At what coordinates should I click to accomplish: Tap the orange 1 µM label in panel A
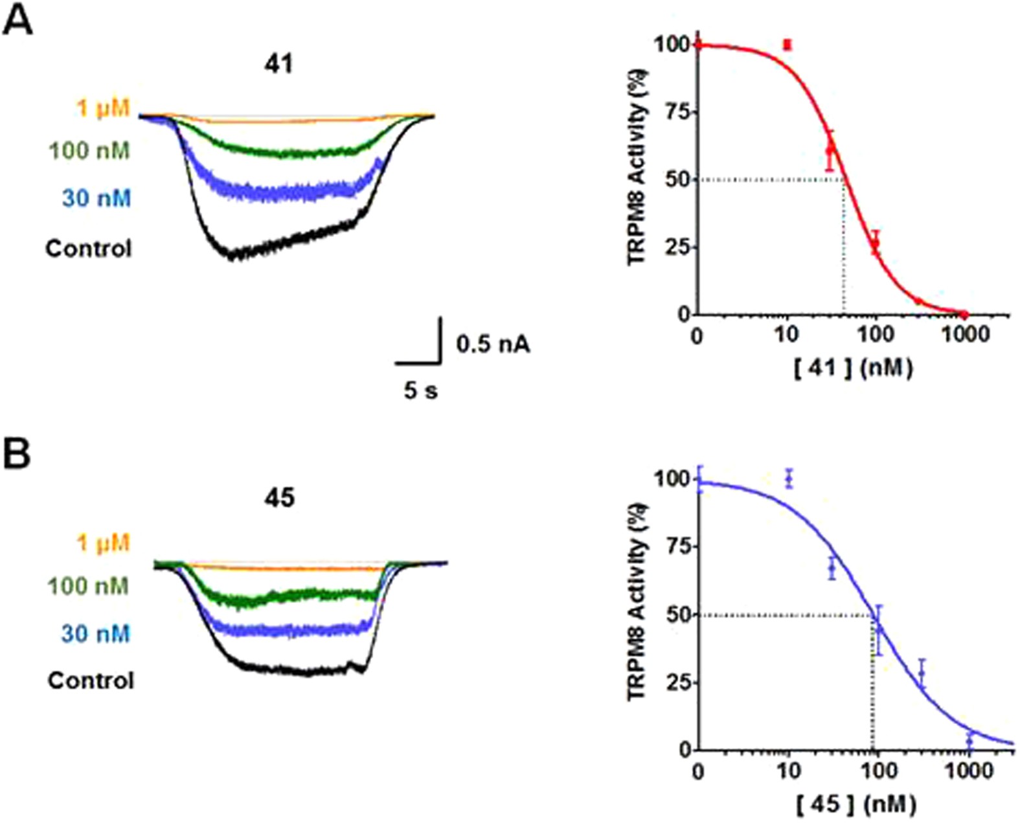[x=103, y=108]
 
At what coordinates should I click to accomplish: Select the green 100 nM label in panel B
[x=89, y=587]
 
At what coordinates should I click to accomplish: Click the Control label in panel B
[x=91, y=681]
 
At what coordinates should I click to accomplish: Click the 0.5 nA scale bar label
[x=493, y=344]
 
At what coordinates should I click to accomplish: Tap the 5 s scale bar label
[x=421, y=390]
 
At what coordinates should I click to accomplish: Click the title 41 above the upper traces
[x=279, y=65]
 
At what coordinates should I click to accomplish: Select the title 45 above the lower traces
[x=280, y=497]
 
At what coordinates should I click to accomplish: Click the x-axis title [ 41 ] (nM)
[x=853, y=368]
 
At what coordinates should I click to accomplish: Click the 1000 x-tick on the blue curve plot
[x=968, y=772]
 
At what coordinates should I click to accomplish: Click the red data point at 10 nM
[x=788, y=45]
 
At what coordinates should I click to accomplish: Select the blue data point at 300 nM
[x=922, y=673]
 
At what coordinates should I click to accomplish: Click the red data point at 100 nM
[x=875, y=244]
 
